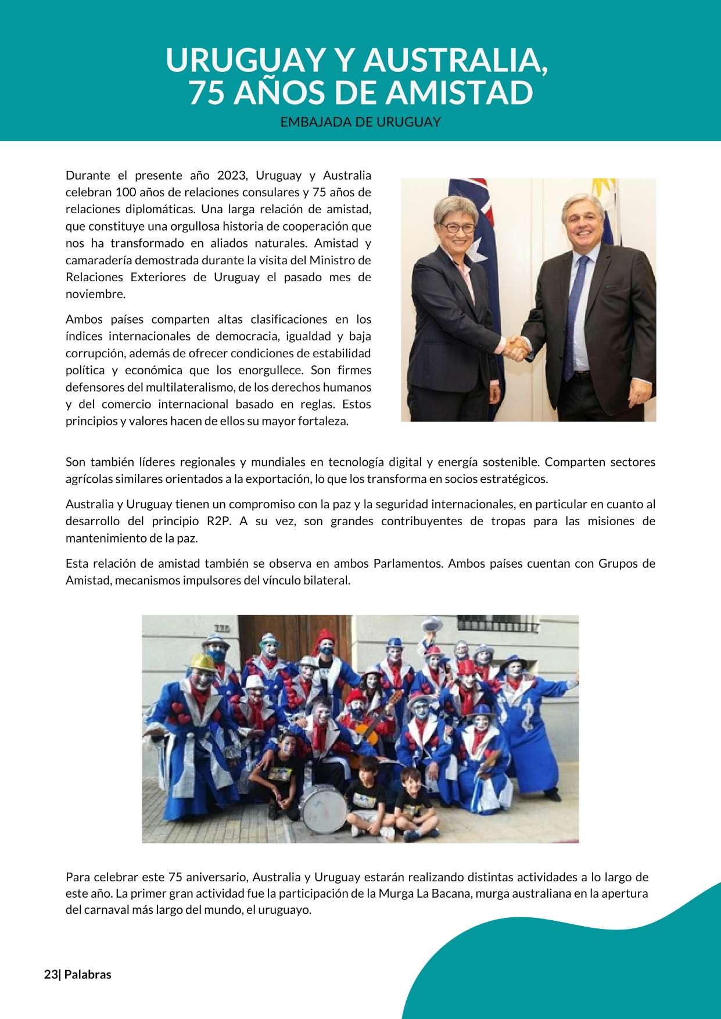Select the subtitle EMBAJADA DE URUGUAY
[x=360, y=123]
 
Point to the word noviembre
[x=95, y=294]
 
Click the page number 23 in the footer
[x=51, y=975]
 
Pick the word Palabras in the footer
[x=88, y=975]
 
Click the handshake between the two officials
[x=516, y=347]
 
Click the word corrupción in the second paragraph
[x=94, y=353]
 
